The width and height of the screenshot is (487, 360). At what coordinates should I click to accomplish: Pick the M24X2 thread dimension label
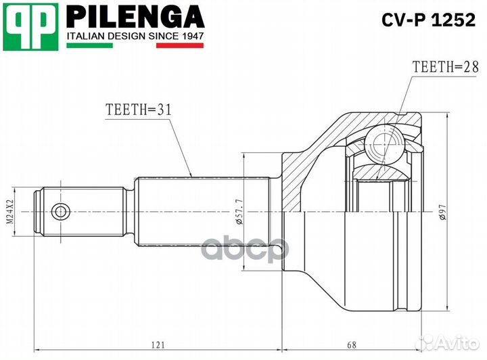(x=11, y=211)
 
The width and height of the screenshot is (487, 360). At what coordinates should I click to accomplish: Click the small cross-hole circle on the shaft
(x=61, y=211)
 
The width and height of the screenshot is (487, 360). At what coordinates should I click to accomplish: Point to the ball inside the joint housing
(x=384, y=143)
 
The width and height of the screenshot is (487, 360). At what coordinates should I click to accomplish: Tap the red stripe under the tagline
(x=180, y=46)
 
